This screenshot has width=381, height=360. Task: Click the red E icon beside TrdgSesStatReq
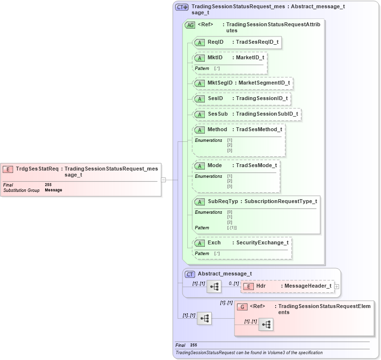pyautogui.click(x=8, y=169)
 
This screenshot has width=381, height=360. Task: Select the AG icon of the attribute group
pyautogui.click(x=190, y=24)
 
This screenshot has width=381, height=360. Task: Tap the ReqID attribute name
pyautogui.click(x=215, y=42)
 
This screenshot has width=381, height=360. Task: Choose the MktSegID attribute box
pyautogui.click(x=243, y=83)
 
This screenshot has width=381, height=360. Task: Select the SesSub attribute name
pyautogui.click(x=217, y=114)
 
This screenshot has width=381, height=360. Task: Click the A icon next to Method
pyautogui.click(x=199, y=130)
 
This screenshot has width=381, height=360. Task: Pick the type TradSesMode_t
pyautogui.click(x=256, y=166)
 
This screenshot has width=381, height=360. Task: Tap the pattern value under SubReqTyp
pyautogui.click(x=232, y=227)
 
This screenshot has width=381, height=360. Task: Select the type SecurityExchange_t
pyautogui.click(x=262, y=242)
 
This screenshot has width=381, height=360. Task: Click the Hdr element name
pyautogui.click(x=261, y=286)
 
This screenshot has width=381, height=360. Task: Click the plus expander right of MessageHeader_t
pyautogui.click(x=337, y=287)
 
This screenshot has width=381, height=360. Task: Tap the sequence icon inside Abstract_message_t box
pyautogui.click(x=214, y=287)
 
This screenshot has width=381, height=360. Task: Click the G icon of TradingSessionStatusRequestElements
pyautogui.click(x=242, y=307)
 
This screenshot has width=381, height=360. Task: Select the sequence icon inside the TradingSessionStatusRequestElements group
pyautogui.click(x=265, y=325)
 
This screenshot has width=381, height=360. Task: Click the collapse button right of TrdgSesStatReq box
pyautogui.click(x=164, y=179)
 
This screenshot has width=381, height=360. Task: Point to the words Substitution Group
pyautogui.click(x=21, y=190)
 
